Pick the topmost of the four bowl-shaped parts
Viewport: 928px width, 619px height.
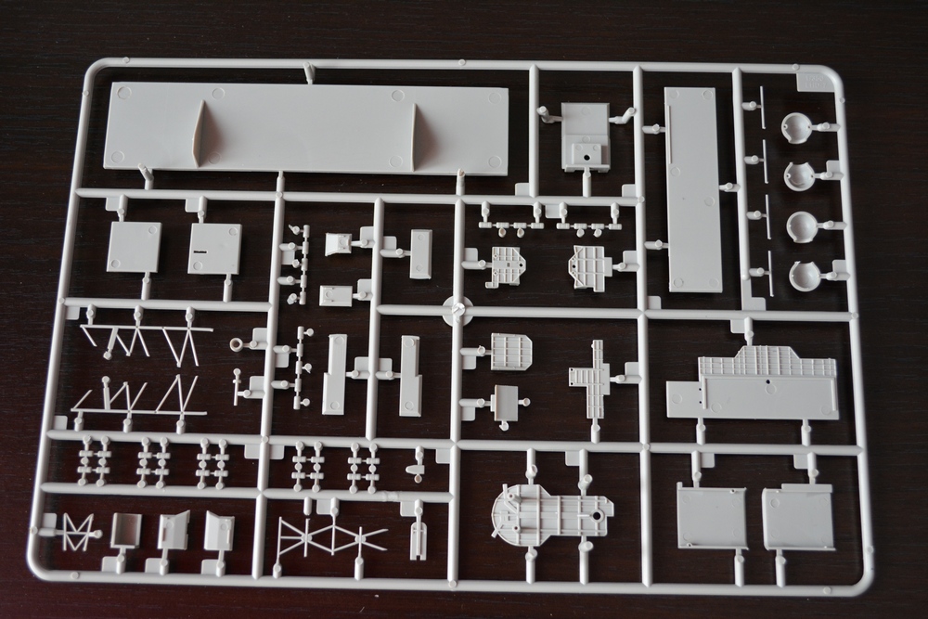798,124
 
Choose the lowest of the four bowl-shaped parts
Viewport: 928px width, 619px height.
805,276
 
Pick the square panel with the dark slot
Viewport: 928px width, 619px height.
214,248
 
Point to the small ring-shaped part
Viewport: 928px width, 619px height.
238,344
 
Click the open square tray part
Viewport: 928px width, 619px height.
125,530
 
